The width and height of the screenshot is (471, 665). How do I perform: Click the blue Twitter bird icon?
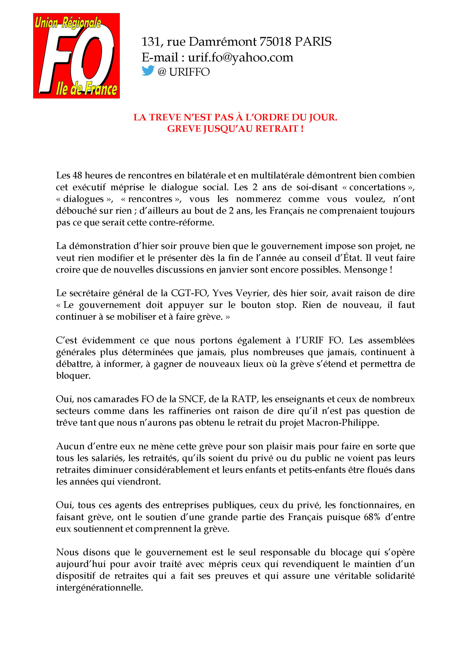(148, 71)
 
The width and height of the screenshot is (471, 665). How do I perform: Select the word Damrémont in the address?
(222, 42)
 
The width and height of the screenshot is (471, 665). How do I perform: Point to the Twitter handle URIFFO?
(189, 72)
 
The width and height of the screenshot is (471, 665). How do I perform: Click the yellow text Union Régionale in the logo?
(68, 22)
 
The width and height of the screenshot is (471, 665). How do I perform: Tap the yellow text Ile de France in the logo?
(86, 89)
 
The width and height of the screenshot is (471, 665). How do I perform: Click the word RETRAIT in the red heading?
(277, 129)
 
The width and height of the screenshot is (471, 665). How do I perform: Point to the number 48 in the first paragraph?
(77, 176)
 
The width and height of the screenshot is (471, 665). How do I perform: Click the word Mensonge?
(365, 270)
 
